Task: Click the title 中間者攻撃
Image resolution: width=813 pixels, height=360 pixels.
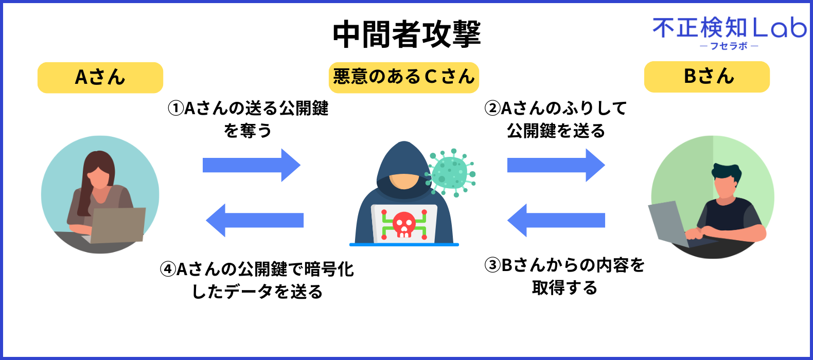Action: click(x=406, y=34)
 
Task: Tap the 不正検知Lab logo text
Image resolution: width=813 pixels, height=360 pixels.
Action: click(x=730, y=28)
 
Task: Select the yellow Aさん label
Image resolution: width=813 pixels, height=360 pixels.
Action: click(x=100, y=77)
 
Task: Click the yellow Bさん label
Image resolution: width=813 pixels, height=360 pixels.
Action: click(x=706, y=77)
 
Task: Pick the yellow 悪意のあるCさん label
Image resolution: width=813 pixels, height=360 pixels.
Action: click(x=403, y=77)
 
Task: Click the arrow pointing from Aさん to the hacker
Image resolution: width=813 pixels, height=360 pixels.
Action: click(x=252, y=165)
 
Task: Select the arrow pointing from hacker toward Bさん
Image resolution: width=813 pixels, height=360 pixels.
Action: click(x=556, y=165)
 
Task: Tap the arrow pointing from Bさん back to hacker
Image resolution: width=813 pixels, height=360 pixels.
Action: click(x=556, y=220)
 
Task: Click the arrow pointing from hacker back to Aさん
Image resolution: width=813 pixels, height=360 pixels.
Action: click(x=254, y=220)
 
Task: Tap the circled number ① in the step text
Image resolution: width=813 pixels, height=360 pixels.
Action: click(x=175, y=108)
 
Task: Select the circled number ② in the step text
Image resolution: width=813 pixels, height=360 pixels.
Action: click(x=492, y=108)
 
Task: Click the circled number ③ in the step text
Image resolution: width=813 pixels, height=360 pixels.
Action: click(x=492, y=265)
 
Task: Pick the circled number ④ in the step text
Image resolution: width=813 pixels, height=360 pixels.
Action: click(x=168, y=269)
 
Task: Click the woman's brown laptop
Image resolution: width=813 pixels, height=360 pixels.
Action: click(x=117, y=225)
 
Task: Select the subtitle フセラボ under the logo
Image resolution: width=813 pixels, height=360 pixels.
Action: click(x=729, y=46)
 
